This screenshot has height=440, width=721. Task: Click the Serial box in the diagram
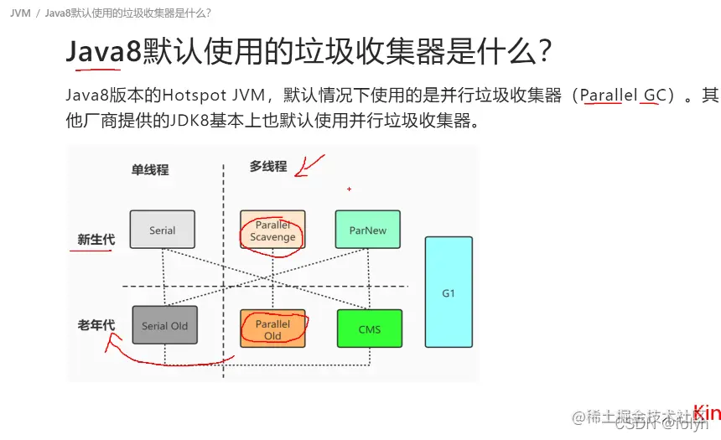[163, 230]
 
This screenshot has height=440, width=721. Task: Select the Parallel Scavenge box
[272, 230]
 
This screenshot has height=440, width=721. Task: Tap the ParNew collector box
[367, 230]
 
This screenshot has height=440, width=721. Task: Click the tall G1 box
[448, 292]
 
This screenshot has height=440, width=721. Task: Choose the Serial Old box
[164, 325]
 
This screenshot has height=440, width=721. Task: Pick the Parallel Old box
[272, 329]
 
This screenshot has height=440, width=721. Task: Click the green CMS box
[369, 329]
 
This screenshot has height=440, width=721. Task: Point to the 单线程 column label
[150, 169]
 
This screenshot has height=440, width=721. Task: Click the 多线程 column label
[268, 166]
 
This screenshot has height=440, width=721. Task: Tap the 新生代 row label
[96, 240]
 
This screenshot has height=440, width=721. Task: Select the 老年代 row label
[96, 324]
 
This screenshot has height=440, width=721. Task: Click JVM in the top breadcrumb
[20, 13]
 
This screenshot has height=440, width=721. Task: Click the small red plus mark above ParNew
[349, 189]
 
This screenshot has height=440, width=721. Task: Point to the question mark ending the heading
[544, 52]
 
